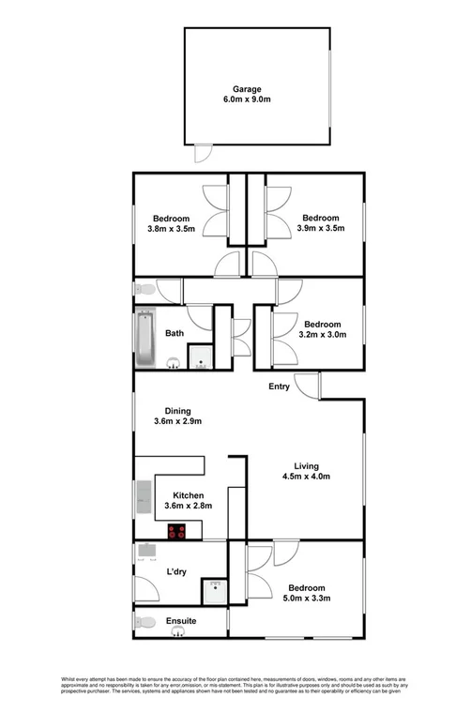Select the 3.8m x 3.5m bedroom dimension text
pyautogui.click(x=170, y=228)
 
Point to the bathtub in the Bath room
pyautogui.click(x=145, y=338)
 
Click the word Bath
pyautogui.click(x=175, y=333)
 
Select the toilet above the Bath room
pyautogui.click(x=144, y=290)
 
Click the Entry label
pyautogui.click(x=279, y=387)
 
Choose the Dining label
pyautogui.click(x=178, y=410)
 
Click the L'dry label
pyautogui.click(x=175, y=572)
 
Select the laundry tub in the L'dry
pyautogui.click(x=145, y=550)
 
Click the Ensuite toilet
pyautogui.click(x=144, y=621)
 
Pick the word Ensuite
pyautogui.click(x=180, y=620)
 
